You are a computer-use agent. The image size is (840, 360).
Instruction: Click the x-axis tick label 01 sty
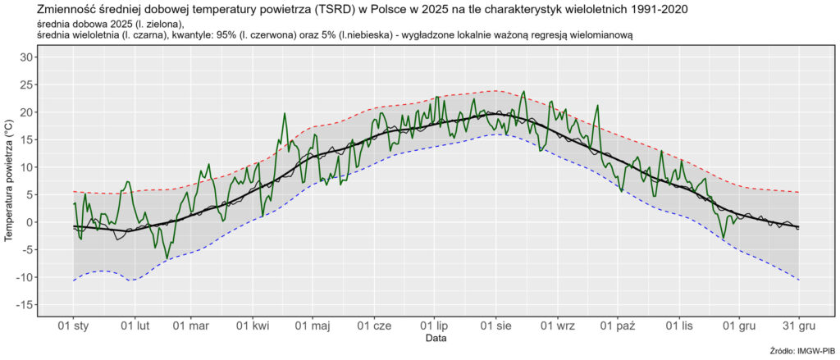74,326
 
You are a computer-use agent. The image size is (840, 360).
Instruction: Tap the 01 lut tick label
134,326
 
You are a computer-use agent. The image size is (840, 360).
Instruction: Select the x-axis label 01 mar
190,326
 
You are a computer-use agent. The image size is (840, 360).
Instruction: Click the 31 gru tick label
798,326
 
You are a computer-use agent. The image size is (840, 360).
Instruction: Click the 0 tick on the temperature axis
30,222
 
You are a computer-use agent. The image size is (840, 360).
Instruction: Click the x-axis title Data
436,338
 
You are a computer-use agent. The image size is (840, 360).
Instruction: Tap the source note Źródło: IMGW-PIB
803,352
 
